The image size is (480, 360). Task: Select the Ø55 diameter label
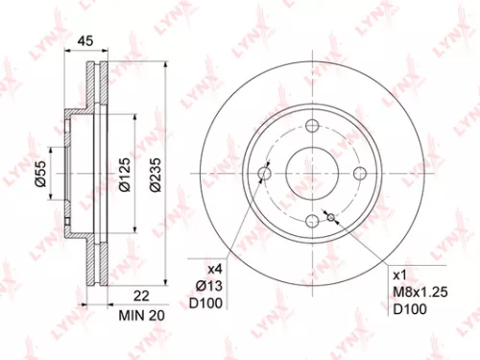[40, 173]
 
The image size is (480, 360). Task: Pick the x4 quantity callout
[212, 270]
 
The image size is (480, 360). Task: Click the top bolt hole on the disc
[313, 126]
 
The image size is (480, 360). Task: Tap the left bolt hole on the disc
[266, 173]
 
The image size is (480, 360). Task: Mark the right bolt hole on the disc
[360, 173]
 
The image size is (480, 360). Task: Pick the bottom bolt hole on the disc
[313, 220]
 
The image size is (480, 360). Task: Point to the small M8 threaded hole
[330, 217]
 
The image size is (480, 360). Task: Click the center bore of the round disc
[313, 173]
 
